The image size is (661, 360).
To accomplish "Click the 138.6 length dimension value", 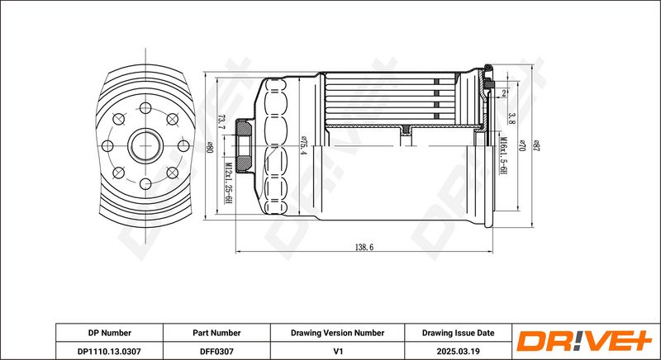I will (364, 247).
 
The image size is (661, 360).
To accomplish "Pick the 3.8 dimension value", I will (512, 116).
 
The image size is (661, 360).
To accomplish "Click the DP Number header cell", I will (109, 333).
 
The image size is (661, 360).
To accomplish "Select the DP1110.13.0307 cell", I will (109, 351).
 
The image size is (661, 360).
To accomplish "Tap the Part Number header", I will (216, 333).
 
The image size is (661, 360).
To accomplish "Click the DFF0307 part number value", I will (216, 351).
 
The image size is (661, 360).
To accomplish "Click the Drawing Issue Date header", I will (458, 333).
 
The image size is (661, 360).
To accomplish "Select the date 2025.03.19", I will (458, 351).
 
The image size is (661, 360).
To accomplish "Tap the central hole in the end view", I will (145, 147).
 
